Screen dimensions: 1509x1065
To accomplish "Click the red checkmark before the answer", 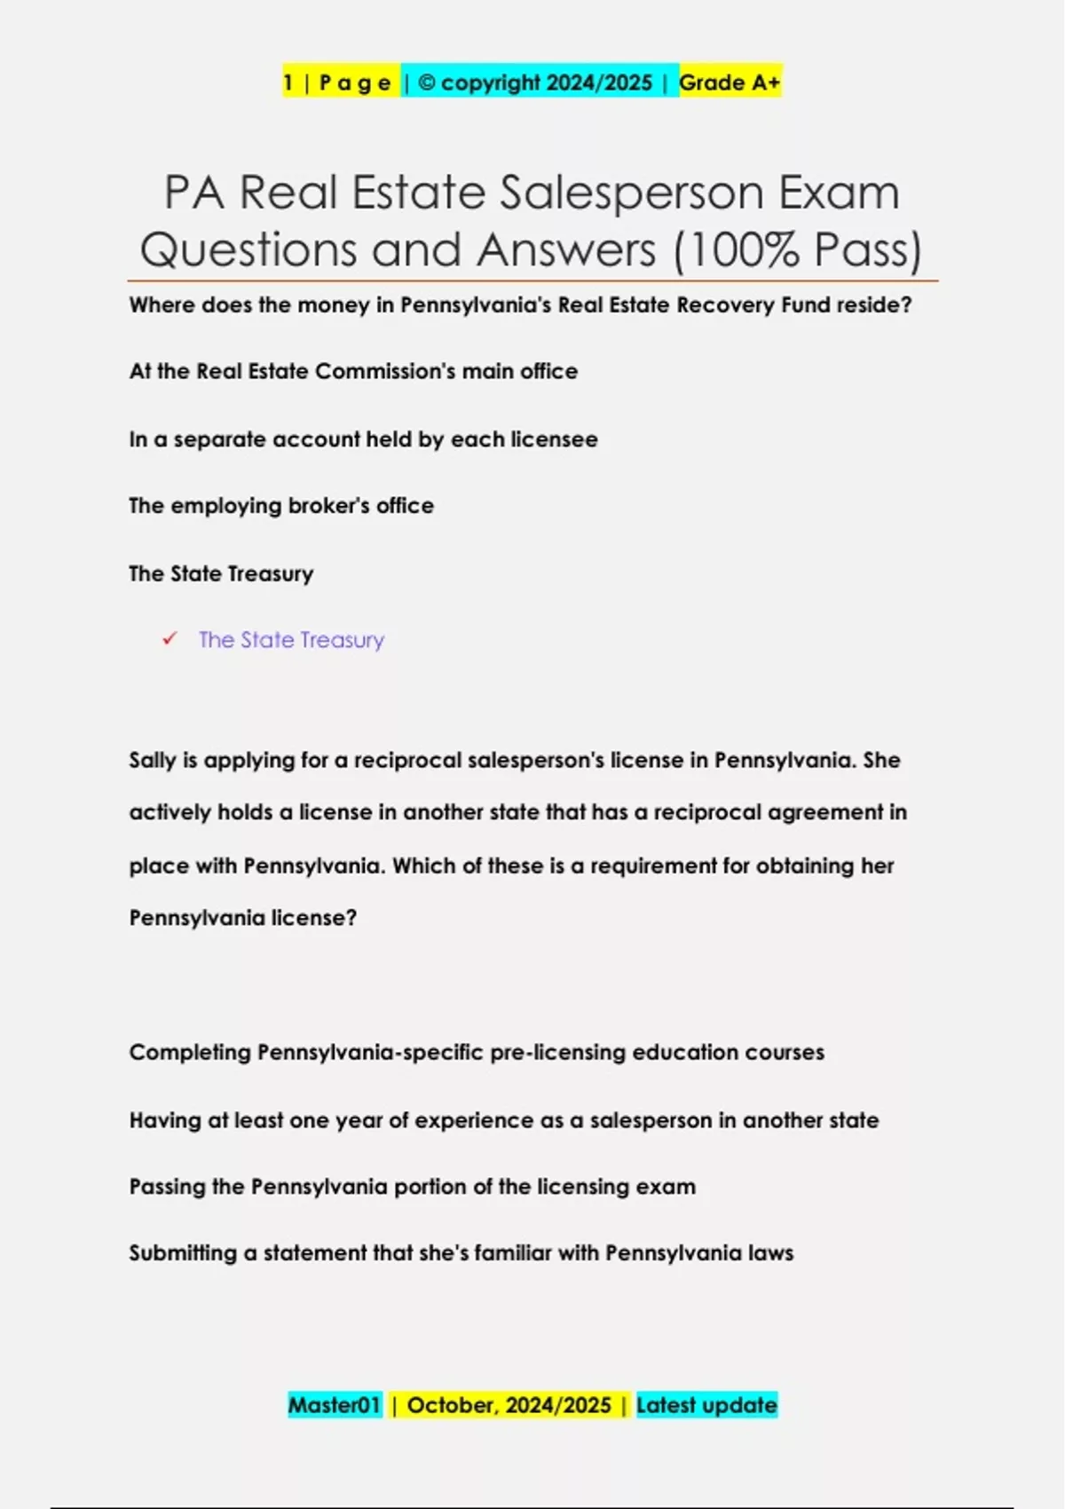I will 170,639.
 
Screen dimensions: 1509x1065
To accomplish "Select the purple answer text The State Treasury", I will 291,640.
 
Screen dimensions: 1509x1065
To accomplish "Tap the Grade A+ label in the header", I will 730,83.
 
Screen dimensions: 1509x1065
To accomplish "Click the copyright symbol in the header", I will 427,83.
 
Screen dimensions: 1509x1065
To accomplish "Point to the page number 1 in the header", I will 288,83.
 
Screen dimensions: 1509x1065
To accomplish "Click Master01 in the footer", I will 335,1405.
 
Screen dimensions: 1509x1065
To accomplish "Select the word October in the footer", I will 452,1405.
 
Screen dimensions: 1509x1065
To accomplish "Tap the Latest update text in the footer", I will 706,1405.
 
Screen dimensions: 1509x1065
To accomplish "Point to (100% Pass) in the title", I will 798,249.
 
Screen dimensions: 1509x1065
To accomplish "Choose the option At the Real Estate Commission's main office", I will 353,371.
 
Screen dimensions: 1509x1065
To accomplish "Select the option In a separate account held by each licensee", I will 363,439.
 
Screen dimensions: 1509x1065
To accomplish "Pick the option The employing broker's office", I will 281,506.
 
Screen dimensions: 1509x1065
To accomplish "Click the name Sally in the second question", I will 153,761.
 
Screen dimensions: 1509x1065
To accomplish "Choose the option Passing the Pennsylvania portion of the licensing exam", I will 413,1187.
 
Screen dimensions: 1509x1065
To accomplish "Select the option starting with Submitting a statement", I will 461,1253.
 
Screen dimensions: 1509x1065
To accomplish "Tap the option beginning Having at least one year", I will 504,1120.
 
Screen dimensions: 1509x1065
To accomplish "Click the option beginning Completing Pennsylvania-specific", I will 477,1053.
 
